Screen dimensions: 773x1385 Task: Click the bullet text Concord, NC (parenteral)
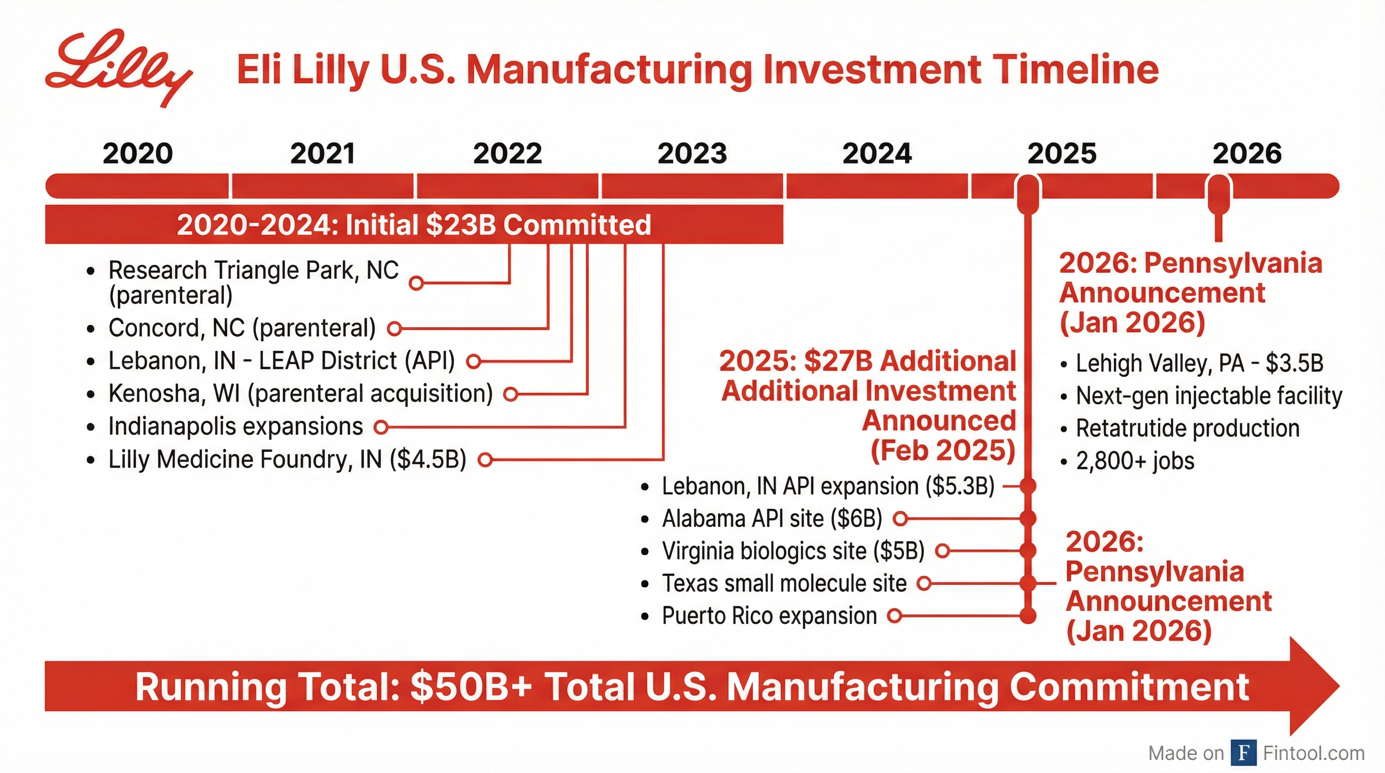point(242,328)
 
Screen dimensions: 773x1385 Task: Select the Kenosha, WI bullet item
point(300,394)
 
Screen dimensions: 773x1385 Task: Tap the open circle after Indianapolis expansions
point(381,427)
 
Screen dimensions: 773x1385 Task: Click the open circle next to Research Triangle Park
point(416,283)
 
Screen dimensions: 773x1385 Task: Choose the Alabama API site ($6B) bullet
point(772,519)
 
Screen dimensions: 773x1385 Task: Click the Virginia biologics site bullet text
point(793,551)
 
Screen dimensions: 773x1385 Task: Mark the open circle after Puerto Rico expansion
point(894,616)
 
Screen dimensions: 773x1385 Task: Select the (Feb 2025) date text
point(943,450)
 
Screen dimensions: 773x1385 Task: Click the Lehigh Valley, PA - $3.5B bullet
point(1199,363)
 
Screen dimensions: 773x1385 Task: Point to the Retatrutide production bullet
point(1187,428)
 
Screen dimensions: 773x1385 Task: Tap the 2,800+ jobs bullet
point(1134,461)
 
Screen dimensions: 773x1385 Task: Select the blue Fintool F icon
point(1243,753)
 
